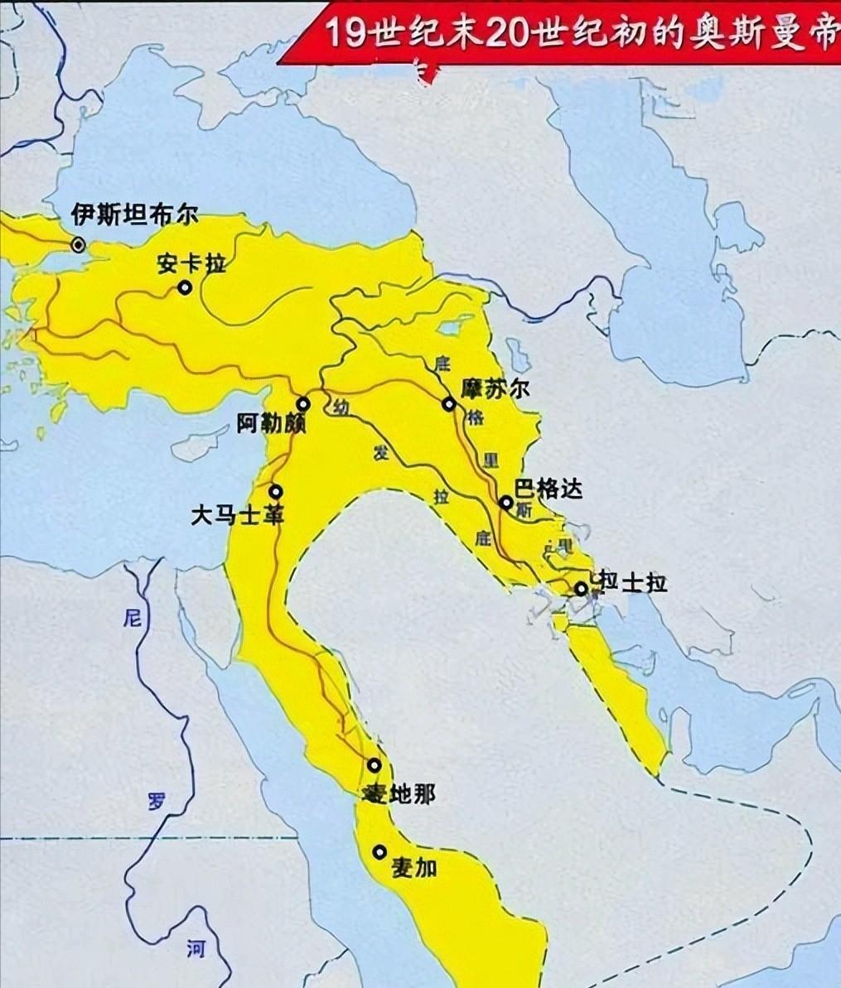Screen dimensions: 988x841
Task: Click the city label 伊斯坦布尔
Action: point(134,216)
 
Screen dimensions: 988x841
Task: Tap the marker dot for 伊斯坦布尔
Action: point(78,244)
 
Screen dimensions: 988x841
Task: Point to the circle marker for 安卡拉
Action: point(184,287)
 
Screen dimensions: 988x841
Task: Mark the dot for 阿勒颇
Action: point(303,404)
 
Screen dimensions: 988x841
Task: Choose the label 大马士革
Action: point(238,515)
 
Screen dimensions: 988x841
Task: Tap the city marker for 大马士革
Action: point(275,491)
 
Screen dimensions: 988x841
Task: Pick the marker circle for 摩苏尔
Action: point(448,404)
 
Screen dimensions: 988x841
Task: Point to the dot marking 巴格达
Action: point(505,503)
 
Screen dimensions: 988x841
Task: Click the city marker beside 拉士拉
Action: point(581,588)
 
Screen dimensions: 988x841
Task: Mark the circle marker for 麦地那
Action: point(375,765)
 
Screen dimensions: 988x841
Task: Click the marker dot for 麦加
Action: point(379,851)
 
